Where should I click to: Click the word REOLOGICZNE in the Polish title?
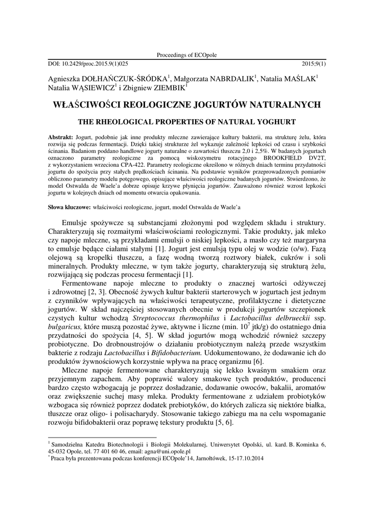[x=159, y=104]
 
